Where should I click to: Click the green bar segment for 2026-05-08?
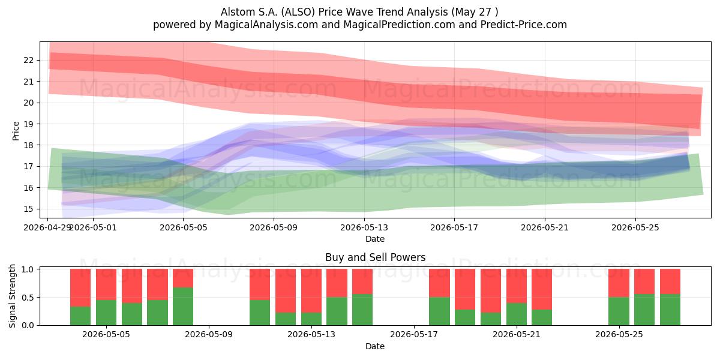[x=183, y=306]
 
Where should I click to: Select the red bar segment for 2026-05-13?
[x=311, y=290]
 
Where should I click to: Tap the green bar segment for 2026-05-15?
[x=362, y=310]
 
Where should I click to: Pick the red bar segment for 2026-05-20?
[x=491, y=290]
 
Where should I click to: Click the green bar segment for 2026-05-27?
[x=670, y=310]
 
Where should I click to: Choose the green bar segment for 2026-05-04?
[x=80, y=316]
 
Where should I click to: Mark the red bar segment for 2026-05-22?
[x=542, y=289]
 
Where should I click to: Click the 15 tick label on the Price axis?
[x=28, y=209]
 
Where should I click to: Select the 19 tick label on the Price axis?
[x=28, y=124]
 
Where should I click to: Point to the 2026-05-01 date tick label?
[x=93, y=227]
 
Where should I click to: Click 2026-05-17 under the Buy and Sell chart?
[x=413, y=334]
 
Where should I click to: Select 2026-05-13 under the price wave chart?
[x=364, y=227]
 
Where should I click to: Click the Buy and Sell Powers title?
[x=375, y=257]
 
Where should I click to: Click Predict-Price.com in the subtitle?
[x=524, y=25]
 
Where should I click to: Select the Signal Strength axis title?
[x=12, y=296]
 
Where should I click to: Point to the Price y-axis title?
[x=16, y=131]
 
